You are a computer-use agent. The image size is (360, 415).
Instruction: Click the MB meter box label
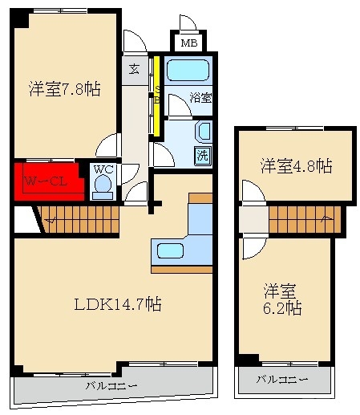(x=189, y=43)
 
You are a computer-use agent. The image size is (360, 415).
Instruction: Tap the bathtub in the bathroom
(x=188, y=70)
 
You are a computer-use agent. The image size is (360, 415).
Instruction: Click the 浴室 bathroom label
(x=200, y=98)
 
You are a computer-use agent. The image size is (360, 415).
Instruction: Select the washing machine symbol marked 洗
(x=203, y=155)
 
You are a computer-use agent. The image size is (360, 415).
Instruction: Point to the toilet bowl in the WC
(x=103, y=184)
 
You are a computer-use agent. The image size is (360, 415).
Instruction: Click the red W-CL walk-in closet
(x=49, y=181)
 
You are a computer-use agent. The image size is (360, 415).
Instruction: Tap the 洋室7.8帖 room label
(x=65, y=88)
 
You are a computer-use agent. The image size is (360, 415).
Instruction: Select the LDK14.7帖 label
(x=118, y=304)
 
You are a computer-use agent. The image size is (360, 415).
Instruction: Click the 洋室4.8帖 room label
(x=297, y=166)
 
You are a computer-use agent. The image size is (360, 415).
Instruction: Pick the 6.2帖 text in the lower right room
(x=282, y=308)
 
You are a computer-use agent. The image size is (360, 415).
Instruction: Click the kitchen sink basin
(x=170, y=250)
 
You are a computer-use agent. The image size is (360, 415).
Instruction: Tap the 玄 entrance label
(x=134, y=69)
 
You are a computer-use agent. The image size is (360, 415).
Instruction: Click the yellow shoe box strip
(x=157, y=95)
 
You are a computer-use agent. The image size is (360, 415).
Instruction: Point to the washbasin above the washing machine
(x=204, y=131)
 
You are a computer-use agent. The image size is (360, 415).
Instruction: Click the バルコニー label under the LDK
(x=111, y=385)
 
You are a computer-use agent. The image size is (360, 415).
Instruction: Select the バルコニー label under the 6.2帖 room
(x=282, y=379)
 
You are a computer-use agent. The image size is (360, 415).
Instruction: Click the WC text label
(x=103, y=169)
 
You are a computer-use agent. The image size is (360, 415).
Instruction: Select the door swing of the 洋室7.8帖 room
(x=107, y=144)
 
